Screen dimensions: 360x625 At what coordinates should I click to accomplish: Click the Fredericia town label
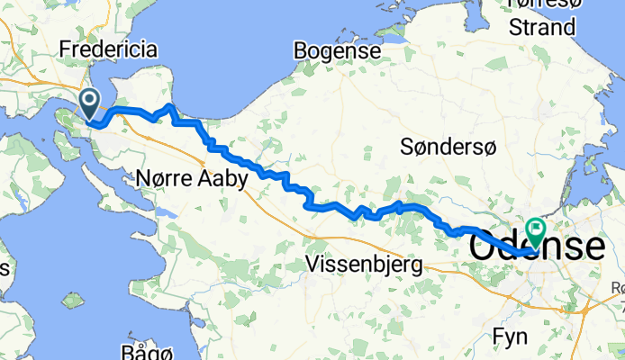point(120,49)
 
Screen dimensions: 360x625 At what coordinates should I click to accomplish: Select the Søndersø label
point(447,147)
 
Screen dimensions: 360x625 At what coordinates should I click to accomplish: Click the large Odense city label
point(538,245)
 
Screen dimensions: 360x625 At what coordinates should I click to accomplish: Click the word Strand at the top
point(541,28)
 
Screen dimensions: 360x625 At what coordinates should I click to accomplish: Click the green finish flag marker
point(535,231)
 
